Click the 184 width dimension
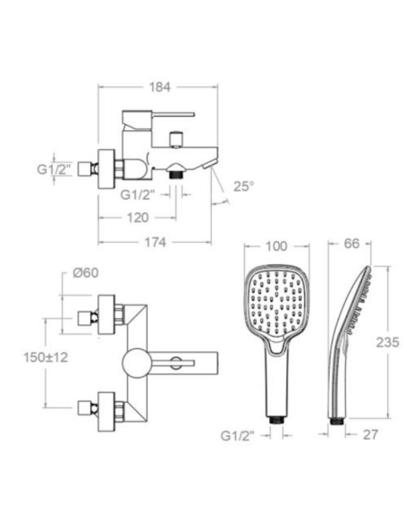pyautogui.click(x=160, y=87)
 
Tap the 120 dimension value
pyautogui.click(x=138, y=218)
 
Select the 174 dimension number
pyautogui.click(x=155, y=242)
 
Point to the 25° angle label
pyautogui.click(x=244, y=186)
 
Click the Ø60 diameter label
pyautogui.click(x=86, y=273)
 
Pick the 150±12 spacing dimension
pyautogui.click(x=46, y=357)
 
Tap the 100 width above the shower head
pyautogui.click(x=276, y=246)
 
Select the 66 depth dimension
pyautogui.click(x=352, y=244)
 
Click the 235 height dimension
pyautogui.click(x=387, y=343)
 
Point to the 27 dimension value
pyautogui.click(x=370, y=434)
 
